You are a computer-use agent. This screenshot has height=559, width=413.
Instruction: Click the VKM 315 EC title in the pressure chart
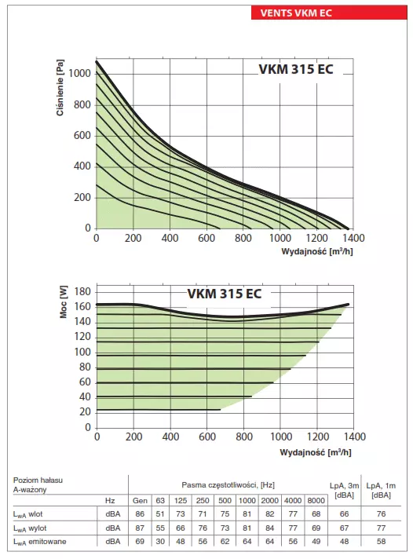click(x=295, y=68)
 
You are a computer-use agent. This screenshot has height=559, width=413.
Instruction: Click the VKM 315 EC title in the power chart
click(x=224, y=294)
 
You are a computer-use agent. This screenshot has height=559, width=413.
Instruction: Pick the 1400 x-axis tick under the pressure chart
click(x=353, y=237)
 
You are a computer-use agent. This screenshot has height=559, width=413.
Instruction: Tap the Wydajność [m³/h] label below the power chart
click(x=316, y=452)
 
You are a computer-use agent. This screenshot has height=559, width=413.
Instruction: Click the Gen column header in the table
click(x=140, y=500)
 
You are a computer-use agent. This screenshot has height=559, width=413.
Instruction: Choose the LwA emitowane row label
click(x=40, y=542)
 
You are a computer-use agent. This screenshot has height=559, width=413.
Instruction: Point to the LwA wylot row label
click(x=35, y=528)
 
